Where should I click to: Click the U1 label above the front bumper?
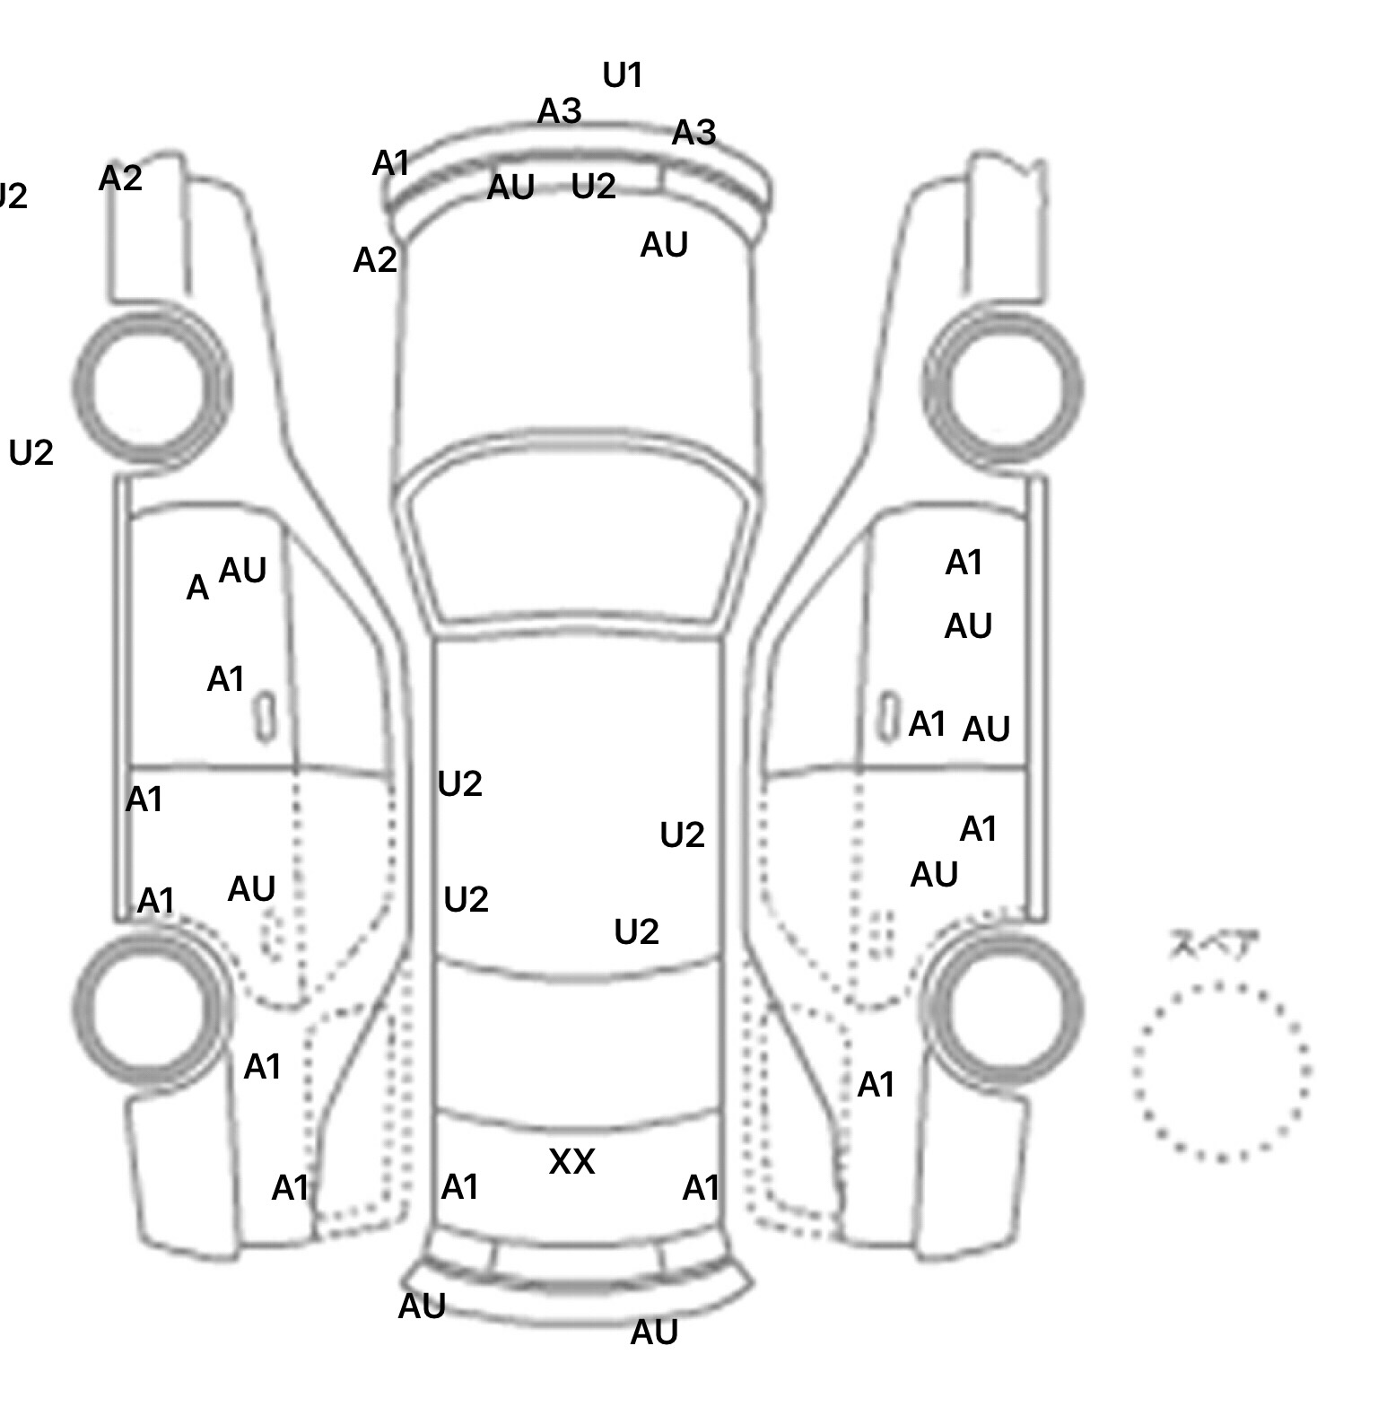click(623, 75)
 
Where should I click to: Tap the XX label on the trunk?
click(571, 1162)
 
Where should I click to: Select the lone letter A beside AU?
click(197, 589)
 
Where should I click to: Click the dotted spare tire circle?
click(1221, 1071)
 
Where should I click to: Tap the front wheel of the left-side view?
click(151, 386)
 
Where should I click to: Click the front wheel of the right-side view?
click(1003, 388)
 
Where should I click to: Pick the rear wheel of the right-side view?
click(1002, 1007)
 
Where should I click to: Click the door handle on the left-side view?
click(266, 717)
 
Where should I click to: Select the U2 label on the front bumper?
click(594, 187)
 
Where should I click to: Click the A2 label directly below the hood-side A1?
click(375, 260)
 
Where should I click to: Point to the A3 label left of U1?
click(559, 112)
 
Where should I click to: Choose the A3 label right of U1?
click(693, 133)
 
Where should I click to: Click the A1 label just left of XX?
click(460, 1187)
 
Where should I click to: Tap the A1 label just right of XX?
click(701, 1188)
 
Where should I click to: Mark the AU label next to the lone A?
click(242, 570)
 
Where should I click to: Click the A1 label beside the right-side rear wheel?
click(877, 1086)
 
